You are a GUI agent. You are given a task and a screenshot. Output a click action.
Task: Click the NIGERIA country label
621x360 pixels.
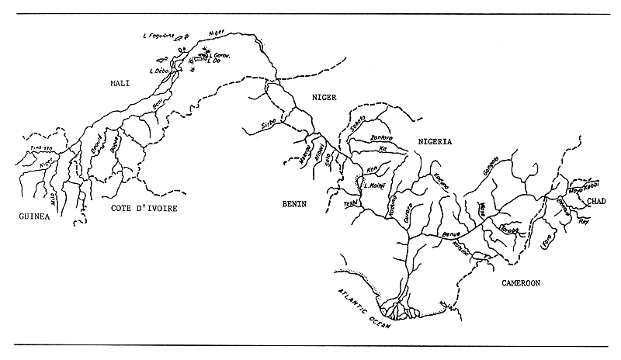(435, 142)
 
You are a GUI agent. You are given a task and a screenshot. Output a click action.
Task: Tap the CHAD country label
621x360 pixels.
(597, 201)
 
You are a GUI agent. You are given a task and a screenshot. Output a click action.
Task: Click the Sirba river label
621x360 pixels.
(269, 125)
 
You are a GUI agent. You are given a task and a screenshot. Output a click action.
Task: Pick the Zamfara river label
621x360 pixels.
(375, 138)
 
